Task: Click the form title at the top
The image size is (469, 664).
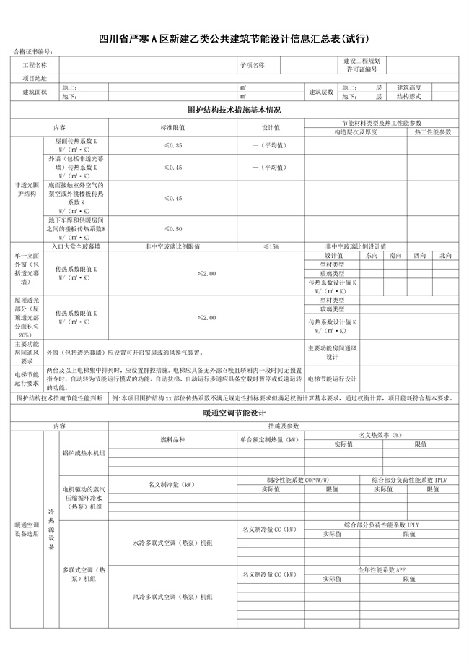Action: (234, 38)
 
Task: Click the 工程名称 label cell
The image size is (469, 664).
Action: (35, 65)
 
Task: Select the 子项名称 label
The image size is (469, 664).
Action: (253, 65)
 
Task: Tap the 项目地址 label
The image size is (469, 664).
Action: (35, 77)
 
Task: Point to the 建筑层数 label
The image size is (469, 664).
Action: (321, 92)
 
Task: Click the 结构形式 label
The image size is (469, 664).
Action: (408, 96)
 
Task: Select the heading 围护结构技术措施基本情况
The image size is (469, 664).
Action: (234, 110)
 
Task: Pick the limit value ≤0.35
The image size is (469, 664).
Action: (173, 145)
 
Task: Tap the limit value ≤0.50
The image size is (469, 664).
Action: (173, 229)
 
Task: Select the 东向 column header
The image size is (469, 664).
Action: (371, 255)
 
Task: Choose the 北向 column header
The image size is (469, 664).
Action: (444, 255)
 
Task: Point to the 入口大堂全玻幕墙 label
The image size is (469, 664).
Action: (76, 246)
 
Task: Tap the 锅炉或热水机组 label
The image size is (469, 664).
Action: (84, 453)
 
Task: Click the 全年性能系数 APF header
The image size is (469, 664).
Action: (382, 570)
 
